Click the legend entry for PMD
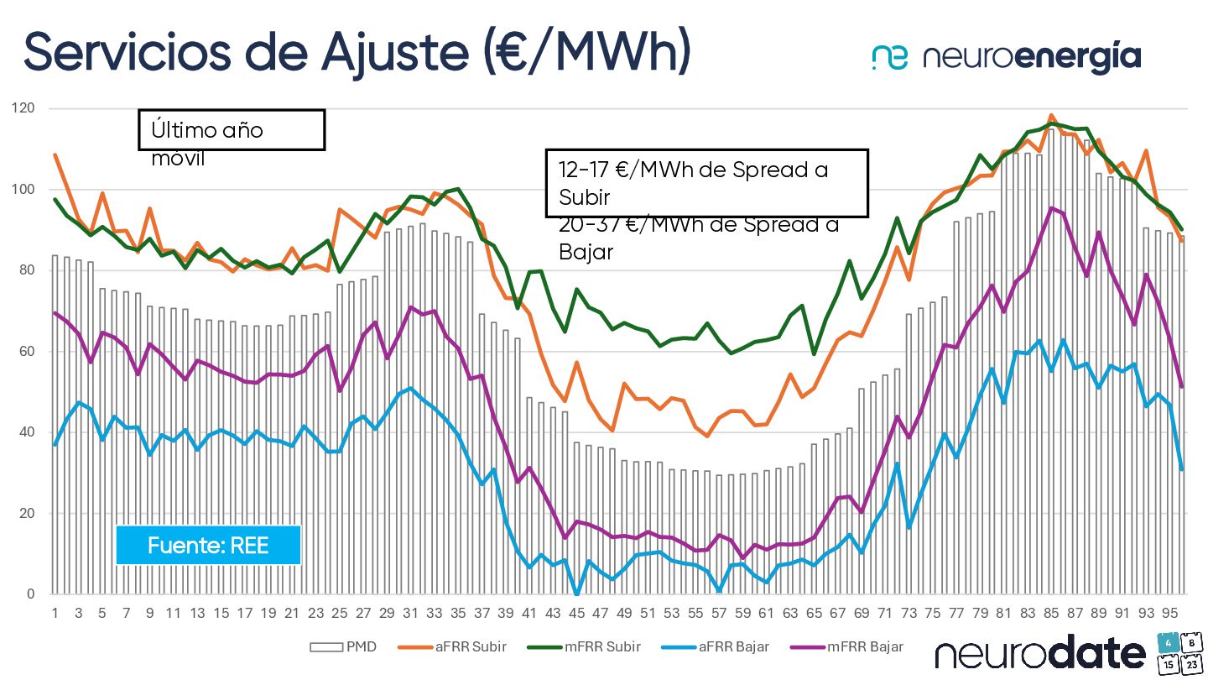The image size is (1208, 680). (x=344, y=647)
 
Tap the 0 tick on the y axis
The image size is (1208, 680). (x=31, y=594)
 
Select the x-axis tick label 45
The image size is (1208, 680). (x=576, y=614)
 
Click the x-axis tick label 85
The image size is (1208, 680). (x=1051, y=614)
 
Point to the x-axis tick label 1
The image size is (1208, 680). (x=55, y=614)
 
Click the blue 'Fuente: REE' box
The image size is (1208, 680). (x=208, y=545)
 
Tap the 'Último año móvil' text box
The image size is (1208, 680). (x=232, y=130)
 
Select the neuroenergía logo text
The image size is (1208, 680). (x=1032, y=57)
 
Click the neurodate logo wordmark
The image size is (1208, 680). (x=1040, y=653)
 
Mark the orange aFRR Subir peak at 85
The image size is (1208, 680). (x=1051, y=116)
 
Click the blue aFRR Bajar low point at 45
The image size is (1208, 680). (x=576, y=594)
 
